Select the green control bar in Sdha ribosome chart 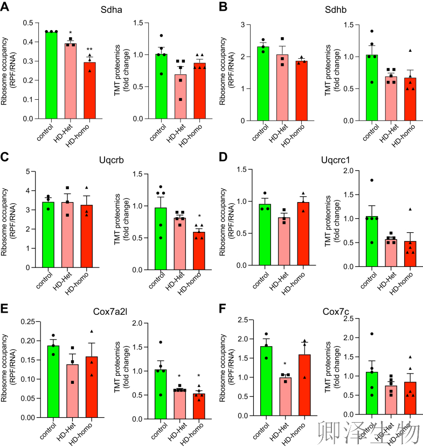point(52,75)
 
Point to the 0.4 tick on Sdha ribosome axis point(36,42)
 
